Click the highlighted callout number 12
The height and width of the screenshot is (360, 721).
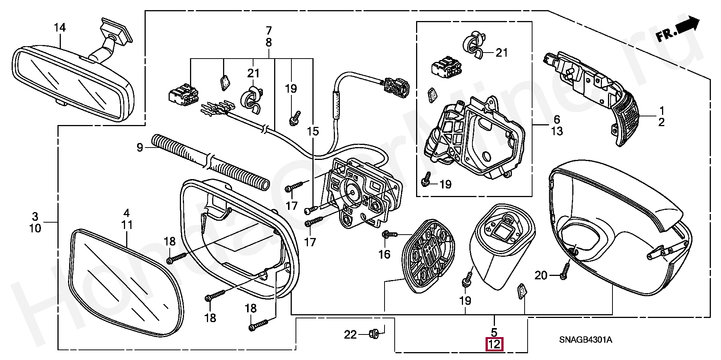[494, 344]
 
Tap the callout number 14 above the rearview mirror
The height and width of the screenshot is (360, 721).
[60, 28]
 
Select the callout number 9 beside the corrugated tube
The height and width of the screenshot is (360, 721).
[140, 148]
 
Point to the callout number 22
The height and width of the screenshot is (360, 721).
[350, 334]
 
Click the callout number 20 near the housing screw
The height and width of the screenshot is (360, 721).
[541, 276]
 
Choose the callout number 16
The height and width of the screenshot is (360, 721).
[384, 255]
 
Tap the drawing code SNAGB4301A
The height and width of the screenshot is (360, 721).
[585, 340]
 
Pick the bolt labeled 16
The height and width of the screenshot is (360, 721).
[389, 235]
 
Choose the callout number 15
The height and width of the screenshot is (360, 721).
[312, 131]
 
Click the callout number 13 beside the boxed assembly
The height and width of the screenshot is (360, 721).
[557, 131]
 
